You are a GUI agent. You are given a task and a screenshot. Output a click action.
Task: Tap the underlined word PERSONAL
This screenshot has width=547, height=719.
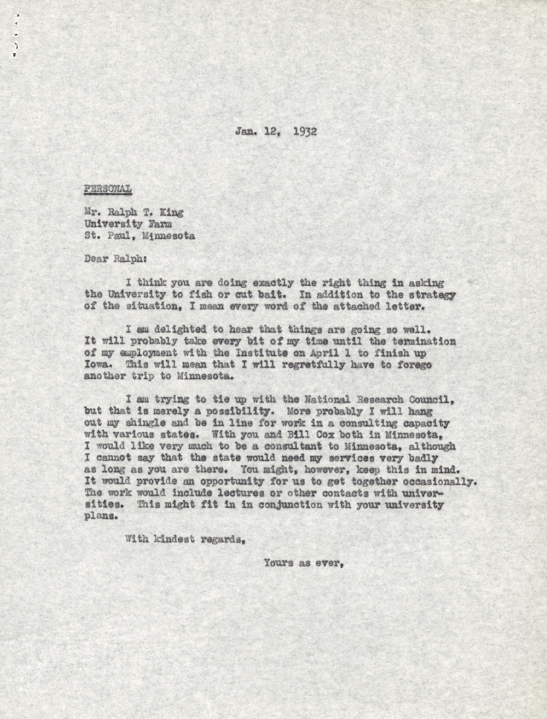pyautogui.click(x=108, y=189)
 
